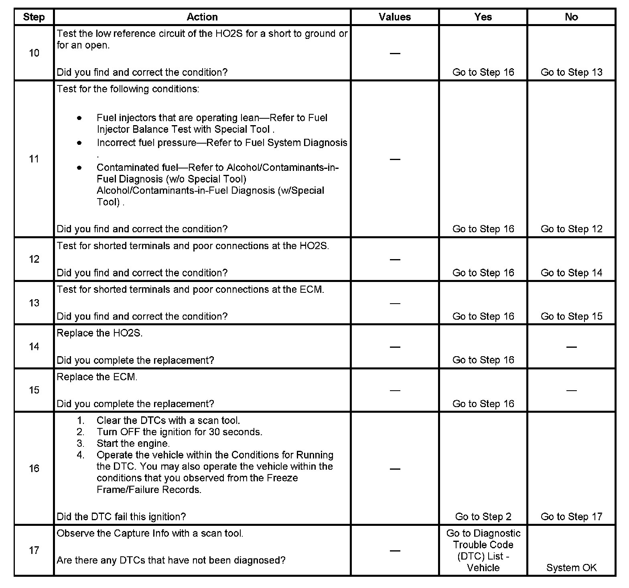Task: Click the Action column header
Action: pyautogui.click(x=202, y=17)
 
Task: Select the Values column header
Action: pyautogui.click(x=395, y=17)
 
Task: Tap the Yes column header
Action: pyautogui.click(x=483, y=17)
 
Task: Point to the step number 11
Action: pyautogui.click(x=34, y=159)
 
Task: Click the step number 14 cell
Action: pyautogui.click(x=34, y=347)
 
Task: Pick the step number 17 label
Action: pyautogui.click(x=34, y=550)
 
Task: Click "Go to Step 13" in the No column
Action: pyautogui.click(x=571, y=72)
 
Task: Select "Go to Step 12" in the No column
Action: pyautogui.click(x=571, y=229)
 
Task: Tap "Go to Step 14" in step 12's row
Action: pyautogui.click(x=571, y=273)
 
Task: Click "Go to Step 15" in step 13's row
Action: pyautogui.click(x=571, y=316)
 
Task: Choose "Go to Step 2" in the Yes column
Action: pyautogui.click(x=483, y=517)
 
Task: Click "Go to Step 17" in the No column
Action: pyautogui.click(x=571, y=517)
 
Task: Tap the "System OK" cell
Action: pyautogui.click(x=571, y=568)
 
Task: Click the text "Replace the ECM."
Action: pyautogui.click(x=97, y=377)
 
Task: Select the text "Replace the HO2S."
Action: pyautogui.click(x=99, y=333)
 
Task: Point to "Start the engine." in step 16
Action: pyautogui.click(x=133, y=444)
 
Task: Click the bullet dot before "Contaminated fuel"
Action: pyautogui.click(x=80, y=168)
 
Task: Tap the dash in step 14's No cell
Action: pyautogui.click(x=571, y=347)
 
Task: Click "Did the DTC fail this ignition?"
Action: pyautogui.click(x=121, y=517)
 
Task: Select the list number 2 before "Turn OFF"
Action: pyautogui.click(x=81, y=432)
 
